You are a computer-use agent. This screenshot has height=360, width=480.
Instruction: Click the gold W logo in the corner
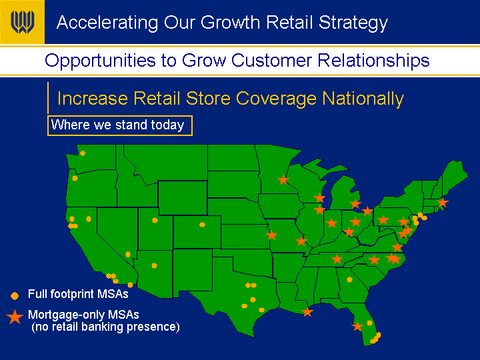[x=22, y=22]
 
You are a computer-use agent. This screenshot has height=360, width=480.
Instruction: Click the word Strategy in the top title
[x=353, y=23]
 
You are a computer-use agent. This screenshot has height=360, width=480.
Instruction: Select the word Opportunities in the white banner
[x=100, y=61]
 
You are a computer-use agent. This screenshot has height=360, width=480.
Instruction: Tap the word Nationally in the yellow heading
[x=363, y=99]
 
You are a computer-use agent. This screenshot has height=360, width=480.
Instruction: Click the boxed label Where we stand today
[x=120, y=125]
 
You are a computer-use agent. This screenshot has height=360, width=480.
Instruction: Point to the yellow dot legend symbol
[x=15, y=295]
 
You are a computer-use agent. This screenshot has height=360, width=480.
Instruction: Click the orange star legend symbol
[x=15, y=317]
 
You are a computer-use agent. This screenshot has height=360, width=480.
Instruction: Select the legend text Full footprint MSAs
[x=78, y=294]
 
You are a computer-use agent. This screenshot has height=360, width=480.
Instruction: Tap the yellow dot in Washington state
[x=83, y=153]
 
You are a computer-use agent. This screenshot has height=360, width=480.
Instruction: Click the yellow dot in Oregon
[x=75, y=178]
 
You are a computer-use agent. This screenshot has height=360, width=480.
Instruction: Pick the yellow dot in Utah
[x=155, y=220]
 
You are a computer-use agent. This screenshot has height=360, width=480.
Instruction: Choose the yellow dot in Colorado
[x=202, y=225]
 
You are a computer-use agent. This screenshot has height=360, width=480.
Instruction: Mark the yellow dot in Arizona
[x=154, y=265]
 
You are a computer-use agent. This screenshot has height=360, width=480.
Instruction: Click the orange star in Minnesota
[x=283, y=180]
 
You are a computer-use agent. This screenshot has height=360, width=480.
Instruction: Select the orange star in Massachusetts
[x=443, y=203]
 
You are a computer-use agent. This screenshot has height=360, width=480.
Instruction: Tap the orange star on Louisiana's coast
[x=307, y=312]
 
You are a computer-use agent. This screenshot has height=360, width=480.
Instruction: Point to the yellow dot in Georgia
[x=349, y=279]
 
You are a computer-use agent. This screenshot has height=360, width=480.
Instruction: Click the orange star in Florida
[x=357, y=326]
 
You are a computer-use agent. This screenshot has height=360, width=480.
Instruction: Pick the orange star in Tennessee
[x=337, y=259]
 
